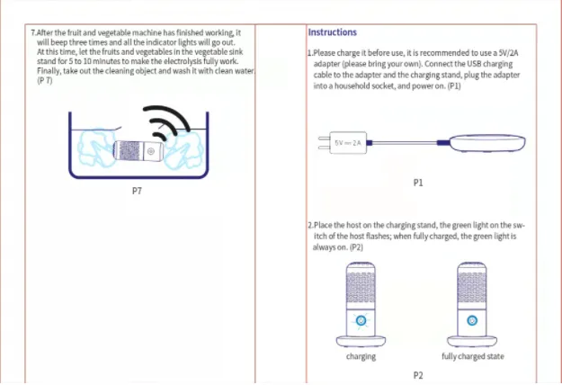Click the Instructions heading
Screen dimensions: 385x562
click(332, 33)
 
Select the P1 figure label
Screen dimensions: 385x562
click(417, 183)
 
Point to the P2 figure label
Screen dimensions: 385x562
click(417, 375)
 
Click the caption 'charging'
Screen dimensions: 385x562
click(361, 357)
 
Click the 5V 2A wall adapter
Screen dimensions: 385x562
click(343, 142)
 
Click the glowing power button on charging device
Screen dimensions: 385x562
click(361, 321)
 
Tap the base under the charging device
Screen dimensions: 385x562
click(361, 341)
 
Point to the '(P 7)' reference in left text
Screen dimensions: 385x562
click(44, 81)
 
